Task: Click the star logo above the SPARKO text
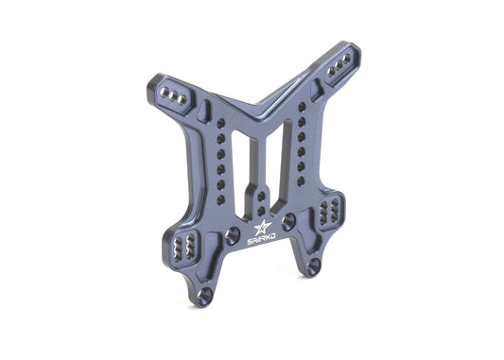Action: (263, 227)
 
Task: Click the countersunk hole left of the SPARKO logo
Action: (232, 235)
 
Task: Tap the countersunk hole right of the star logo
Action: (288, 222)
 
